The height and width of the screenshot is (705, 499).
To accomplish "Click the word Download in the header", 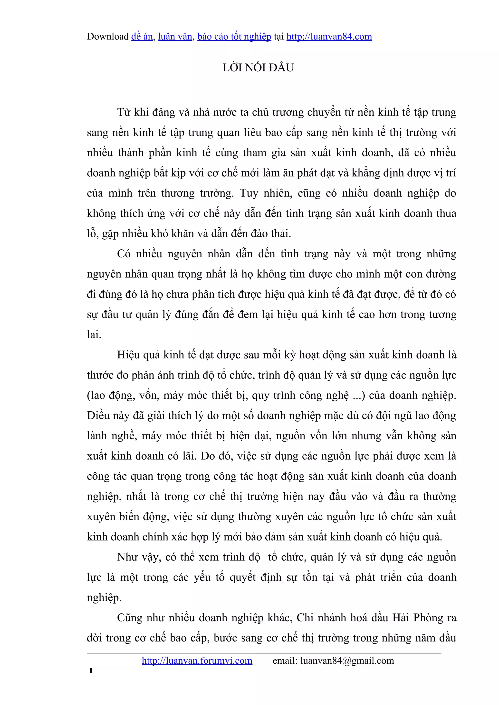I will click(108, 36).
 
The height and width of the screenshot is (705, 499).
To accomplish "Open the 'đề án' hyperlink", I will click(142, 36).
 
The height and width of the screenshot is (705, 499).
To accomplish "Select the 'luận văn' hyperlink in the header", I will click(175, 36).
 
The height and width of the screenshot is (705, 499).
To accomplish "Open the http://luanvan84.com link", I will click(329, 36).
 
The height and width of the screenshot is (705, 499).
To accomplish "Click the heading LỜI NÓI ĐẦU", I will click(258, 68).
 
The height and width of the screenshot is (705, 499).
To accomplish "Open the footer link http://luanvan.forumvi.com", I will click(197, 660).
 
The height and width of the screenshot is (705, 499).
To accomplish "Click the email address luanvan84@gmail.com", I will click(347, 660).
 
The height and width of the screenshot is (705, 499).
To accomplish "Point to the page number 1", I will click(91, 671).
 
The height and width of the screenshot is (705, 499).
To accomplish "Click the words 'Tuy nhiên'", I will click(264, 193).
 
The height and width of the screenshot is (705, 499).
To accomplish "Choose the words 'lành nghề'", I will click(112, 436).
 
